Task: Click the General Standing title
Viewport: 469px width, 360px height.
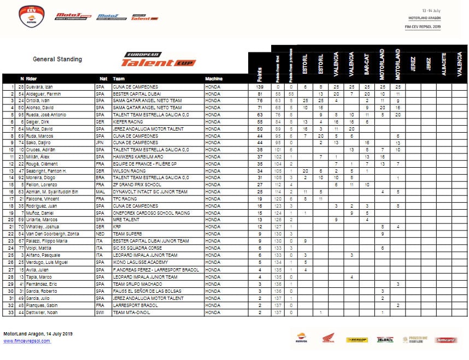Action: (x=57, y=59)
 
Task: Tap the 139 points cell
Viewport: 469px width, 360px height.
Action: (x=260, y=87)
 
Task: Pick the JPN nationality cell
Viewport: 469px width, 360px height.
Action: (x=99, y=141)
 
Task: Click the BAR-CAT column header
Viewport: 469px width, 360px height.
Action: (x=367, y=64)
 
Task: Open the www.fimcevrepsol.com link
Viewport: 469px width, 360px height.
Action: (x=27, y=341)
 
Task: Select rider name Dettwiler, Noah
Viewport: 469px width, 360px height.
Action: (x=42, y=312)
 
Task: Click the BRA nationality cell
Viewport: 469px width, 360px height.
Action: (x=100, y=178)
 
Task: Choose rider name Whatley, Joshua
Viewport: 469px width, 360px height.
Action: (x=43, y=226)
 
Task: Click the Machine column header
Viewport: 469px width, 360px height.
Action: (x=214, y=79)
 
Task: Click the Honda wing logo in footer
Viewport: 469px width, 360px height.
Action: (x=327, y=339)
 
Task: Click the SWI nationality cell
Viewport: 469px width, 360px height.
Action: (x=100, y=312)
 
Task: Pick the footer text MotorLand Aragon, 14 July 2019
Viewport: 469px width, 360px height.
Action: (x=38, y=334)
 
